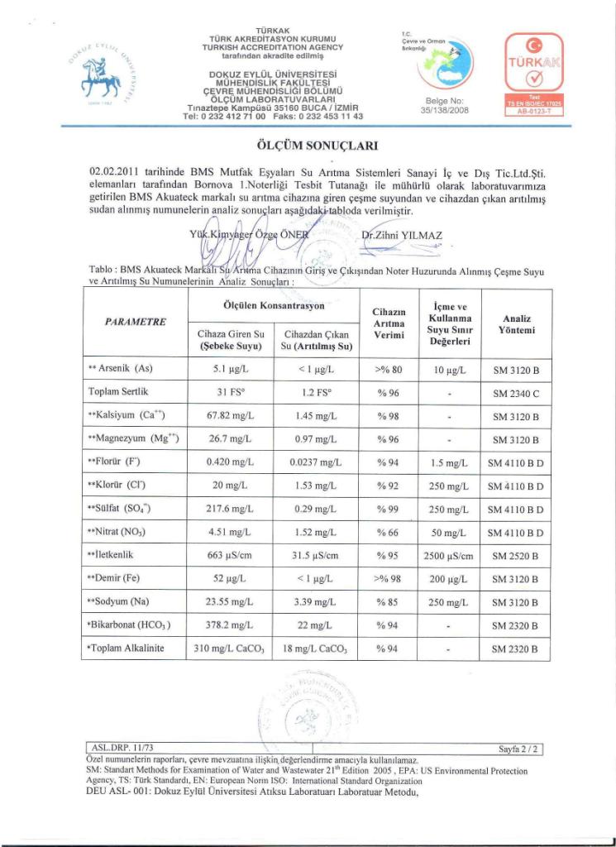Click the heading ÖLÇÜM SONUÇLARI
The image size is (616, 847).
click(x=308, y=146)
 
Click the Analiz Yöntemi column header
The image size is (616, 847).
click(x=516, y=323)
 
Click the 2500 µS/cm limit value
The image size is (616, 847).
click(x=446, y=554)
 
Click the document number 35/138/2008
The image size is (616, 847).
click(x=445, y=108)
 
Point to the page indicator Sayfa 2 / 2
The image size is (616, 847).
click(x=518, y=749)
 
